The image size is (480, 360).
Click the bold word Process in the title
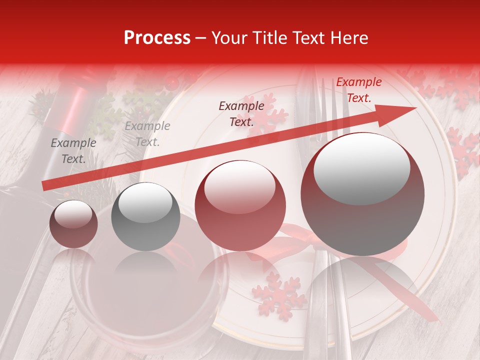[157, 38]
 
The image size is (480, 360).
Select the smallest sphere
[73, 224]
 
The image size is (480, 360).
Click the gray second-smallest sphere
[145, 216]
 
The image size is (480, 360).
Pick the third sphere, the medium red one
[240, 205]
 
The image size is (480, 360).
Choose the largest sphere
[362, 194]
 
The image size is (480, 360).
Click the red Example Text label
[358, 90]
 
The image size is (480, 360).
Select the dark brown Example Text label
[241, 113]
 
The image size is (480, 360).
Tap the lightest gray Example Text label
[147, 134]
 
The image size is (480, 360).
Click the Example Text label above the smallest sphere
[73, 151]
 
